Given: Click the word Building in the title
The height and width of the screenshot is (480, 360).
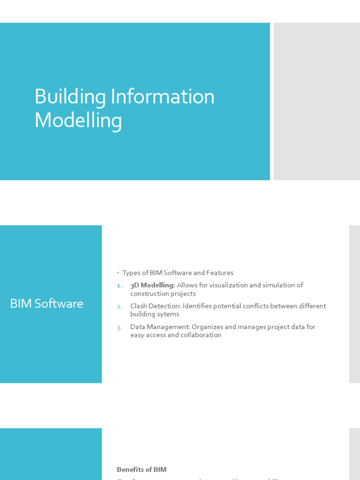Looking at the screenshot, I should pyautogui.click(x=70, y=97).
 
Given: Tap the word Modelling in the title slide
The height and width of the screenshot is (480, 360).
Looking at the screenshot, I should pyautogui.click(x=78, y=120).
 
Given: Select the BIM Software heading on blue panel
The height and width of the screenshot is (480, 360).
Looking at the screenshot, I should pyautogui.click(x=46, y=304).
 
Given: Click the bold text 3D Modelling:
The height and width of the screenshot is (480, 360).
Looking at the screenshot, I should pyautogui.click(x=152, y=285).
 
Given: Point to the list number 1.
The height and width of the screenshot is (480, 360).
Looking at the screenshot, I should pyautogui.click(x=119, y=285).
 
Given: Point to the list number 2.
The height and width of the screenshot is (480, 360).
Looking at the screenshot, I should pyautogui.click(x=119, y=306).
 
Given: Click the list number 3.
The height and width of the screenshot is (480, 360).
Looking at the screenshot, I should pyautogui.click(x=119, y=327).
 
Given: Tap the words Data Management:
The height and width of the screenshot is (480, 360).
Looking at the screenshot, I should pyautogui.click(x=160, y=327).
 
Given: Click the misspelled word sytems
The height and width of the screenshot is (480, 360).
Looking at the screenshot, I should pyautogui.click(x=169, y=314).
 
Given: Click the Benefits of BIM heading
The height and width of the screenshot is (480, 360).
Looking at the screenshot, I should pyautogui.click(x=142, y=469).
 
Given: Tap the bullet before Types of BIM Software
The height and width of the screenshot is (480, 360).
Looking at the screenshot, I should pyautogui.click(x=119, y=273).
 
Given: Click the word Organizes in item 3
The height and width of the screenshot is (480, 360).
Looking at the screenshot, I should pyautogui.click(x=208, y=327).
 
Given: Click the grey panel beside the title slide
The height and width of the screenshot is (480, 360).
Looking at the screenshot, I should pyautogui.click(x=317, y=101).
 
